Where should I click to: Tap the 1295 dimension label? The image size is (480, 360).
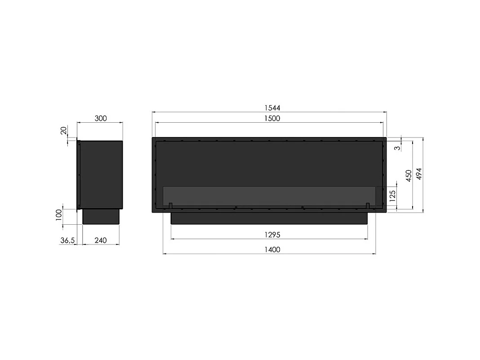click(x=269, y=235)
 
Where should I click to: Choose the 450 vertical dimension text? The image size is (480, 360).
click(x=408, y=175)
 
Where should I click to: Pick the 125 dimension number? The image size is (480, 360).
click(x=392, y=196)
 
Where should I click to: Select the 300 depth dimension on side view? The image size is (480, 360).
click(x=101, y=119)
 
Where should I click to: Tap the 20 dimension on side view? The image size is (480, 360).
click(x=64, y=131)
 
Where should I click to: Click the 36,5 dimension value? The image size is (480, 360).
click(x=67, y=240)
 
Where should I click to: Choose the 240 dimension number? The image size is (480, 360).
click(x=101, y=240)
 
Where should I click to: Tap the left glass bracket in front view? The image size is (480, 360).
click(x=171, y=205)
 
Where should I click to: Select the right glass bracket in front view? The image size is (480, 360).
click(x=368, y=205)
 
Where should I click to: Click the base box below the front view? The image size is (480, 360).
click(x=269, y=218)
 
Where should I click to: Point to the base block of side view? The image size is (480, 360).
click(x=101, y=216)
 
